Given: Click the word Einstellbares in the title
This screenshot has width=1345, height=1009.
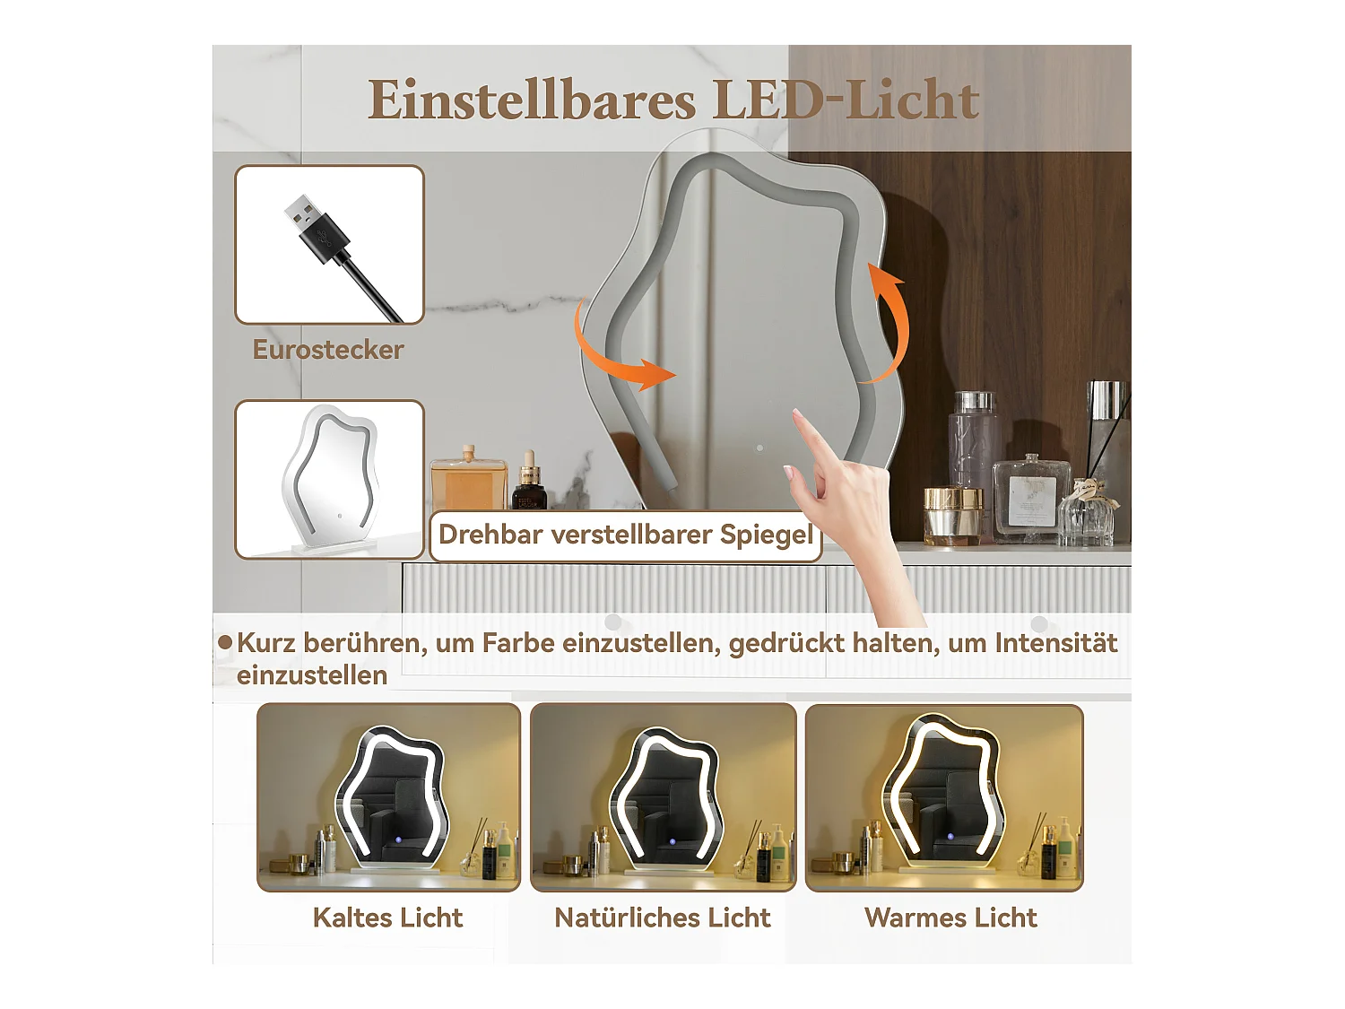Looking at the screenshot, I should point(531,100).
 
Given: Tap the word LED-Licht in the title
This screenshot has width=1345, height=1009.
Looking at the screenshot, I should point(846,100).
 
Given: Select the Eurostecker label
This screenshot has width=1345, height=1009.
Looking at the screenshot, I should point(328,350).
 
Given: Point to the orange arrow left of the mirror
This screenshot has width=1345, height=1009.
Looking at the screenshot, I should point(619,355).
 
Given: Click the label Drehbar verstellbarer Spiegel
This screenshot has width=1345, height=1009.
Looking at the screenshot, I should point(625,535).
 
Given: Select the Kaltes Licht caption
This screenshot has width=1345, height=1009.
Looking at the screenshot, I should point(387,918).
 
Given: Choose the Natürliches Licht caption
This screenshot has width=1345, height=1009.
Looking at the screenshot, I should point(663,918).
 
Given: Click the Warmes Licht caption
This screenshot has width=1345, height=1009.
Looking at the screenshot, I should point(950,918).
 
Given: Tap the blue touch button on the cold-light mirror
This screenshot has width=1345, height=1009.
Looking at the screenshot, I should point(398,840).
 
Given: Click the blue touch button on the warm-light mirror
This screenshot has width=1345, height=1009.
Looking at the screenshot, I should point(950,837).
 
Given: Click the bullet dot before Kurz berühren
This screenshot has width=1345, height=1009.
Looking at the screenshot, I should point(225,643).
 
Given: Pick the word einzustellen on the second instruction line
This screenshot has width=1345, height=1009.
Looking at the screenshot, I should point(312,675).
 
